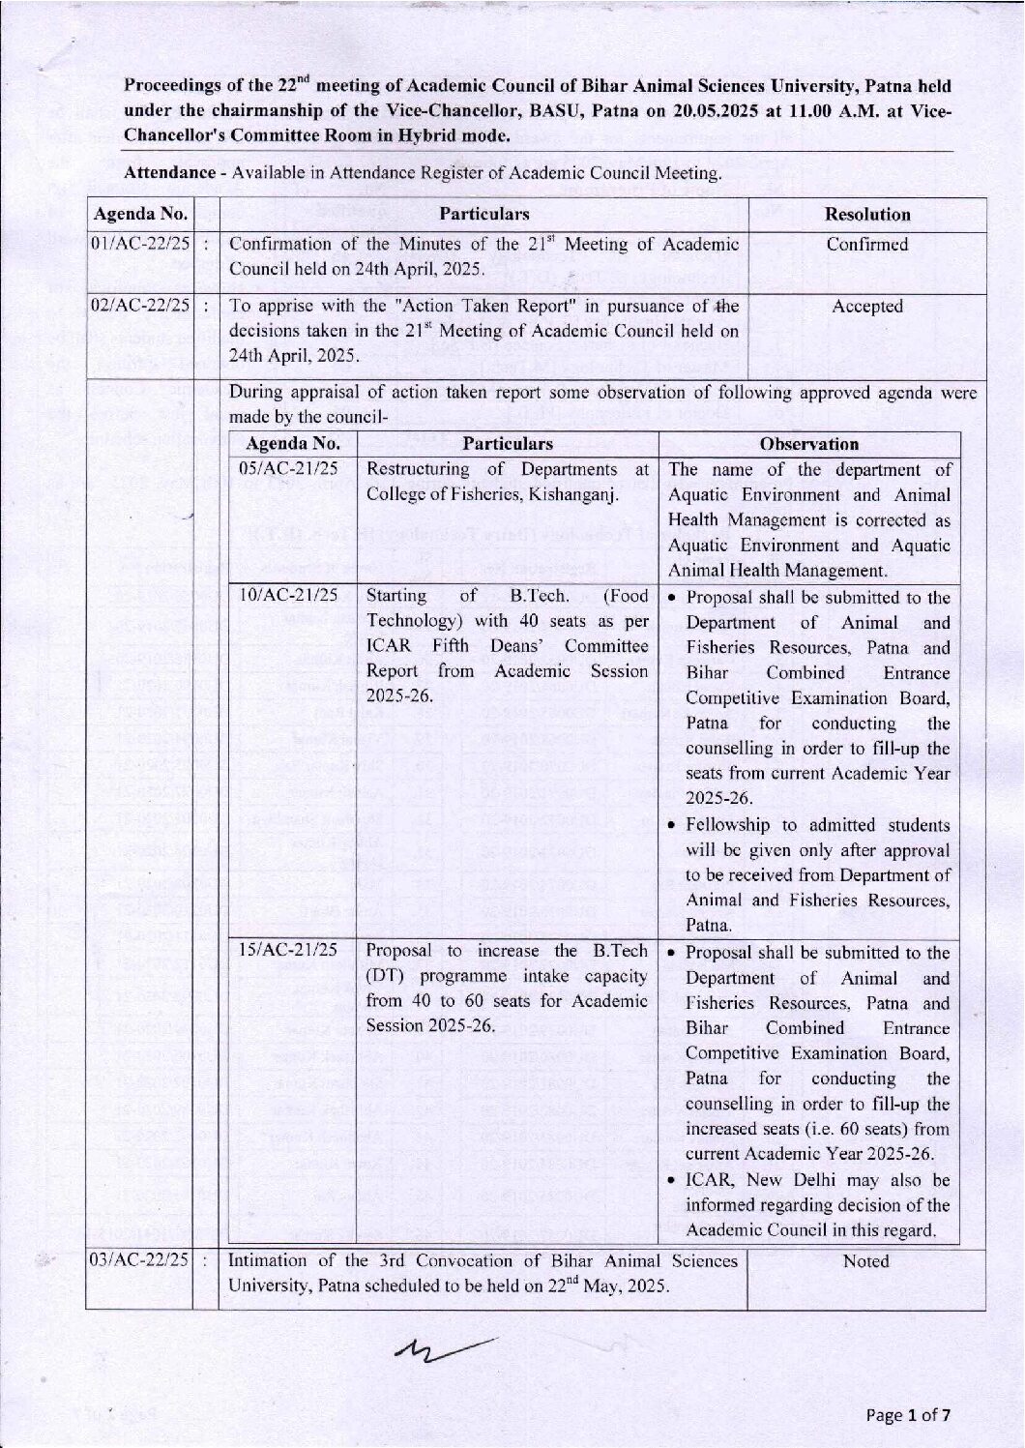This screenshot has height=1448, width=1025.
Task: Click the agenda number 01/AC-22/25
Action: pos(140,244)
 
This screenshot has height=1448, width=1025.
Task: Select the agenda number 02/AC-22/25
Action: pos(140,306)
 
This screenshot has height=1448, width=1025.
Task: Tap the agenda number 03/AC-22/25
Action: pos(139,1260)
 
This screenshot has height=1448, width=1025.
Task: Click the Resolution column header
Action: pos(867,215)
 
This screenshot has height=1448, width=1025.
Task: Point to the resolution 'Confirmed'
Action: pos(867,245)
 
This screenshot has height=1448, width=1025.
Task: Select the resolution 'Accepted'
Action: pos(867,307)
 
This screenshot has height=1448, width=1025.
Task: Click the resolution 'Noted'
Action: pos(865,1261)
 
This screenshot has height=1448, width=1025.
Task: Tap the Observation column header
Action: pos(809,444)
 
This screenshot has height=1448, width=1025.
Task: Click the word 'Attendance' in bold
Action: pos(169,173)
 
